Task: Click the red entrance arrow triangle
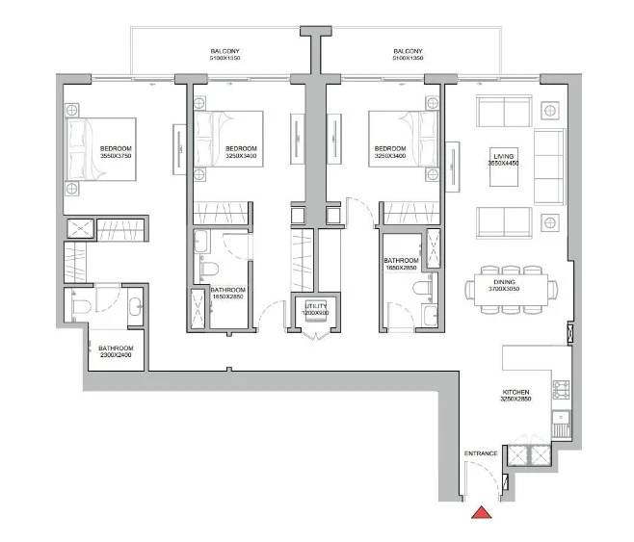pyautogui.click(x=482, y=512)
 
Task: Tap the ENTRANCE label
pyautogui.click(x=481, y=453)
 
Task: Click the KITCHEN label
pyautogui.click(x=515, y=392)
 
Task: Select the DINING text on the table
pyautogui.click(x=504, y=282)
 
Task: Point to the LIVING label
pyautogui.click(x=504, y=156)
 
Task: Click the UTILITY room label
pyautogui.click(x=316, y=306)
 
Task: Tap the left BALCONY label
pyautogui.click(x=225, y=51)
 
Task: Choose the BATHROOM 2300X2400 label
pyautogui.click(x=116, y=351)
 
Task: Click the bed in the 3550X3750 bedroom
pyautogui.click(x=101, y=149)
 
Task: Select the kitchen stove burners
pyautogui.click(x=561, y=389)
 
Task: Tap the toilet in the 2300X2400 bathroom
pyautogui.click(x=81, y=307)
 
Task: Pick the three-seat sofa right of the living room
pyautogui.click(x=549, y=167)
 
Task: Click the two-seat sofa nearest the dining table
pyautogui.click(x=504, y=222)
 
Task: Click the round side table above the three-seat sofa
pyautogui.click(x=550, y=110)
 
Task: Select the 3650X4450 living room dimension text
pyautogui.click(x=503, y=163)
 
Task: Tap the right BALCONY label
pyautogui.click(x=408, y=51)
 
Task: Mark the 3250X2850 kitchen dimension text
pyautogui.click(x=515, y=399)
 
